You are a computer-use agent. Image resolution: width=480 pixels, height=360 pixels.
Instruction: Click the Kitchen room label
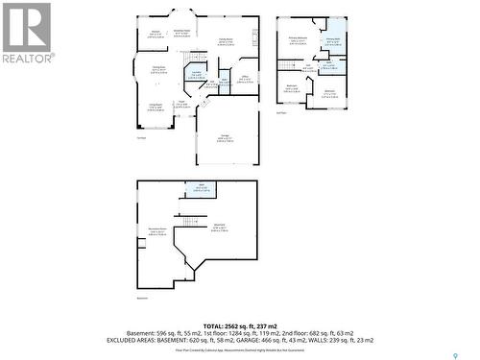point(155,34)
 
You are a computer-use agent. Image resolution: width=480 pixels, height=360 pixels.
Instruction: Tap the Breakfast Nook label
point(180,32)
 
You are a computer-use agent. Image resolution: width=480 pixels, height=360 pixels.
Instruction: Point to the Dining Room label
point(158,68)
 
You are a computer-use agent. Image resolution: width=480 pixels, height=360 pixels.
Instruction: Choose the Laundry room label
point(196,74)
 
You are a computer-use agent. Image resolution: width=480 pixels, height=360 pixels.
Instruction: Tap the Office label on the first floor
point(245,79)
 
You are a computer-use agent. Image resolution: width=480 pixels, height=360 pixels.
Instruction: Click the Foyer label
point(180,104)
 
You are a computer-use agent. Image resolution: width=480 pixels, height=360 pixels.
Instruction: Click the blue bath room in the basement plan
point(202,188)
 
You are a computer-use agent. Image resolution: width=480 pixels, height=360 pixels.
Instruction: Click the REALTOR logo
point(26,33)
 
